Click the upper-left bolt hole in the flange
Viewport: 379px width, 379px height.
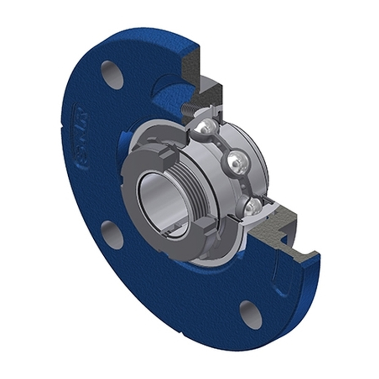(113, 74)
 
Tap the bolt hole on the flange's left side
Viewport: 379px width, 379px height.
(112, 234)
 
